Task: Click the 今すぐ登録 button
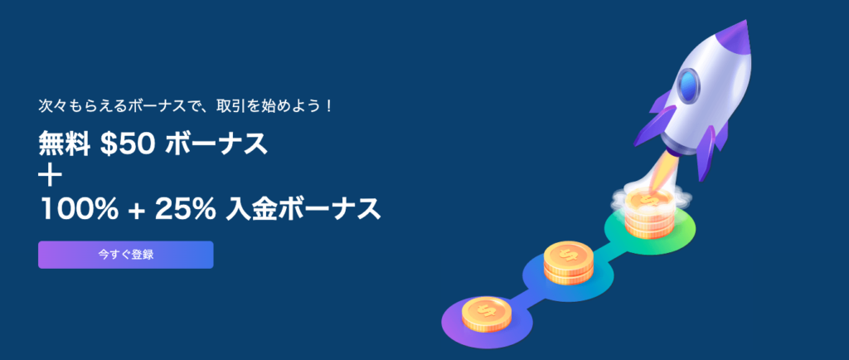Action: (126, 255)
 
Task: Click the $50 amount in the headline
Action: (129, 144)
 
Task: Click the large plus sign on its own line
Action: (51, 177)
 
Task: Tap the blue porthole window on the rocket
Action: (688, 85)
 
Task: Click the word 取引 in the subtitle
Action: (226, 104)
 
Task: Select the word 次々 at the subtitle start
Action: (51, 104)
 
